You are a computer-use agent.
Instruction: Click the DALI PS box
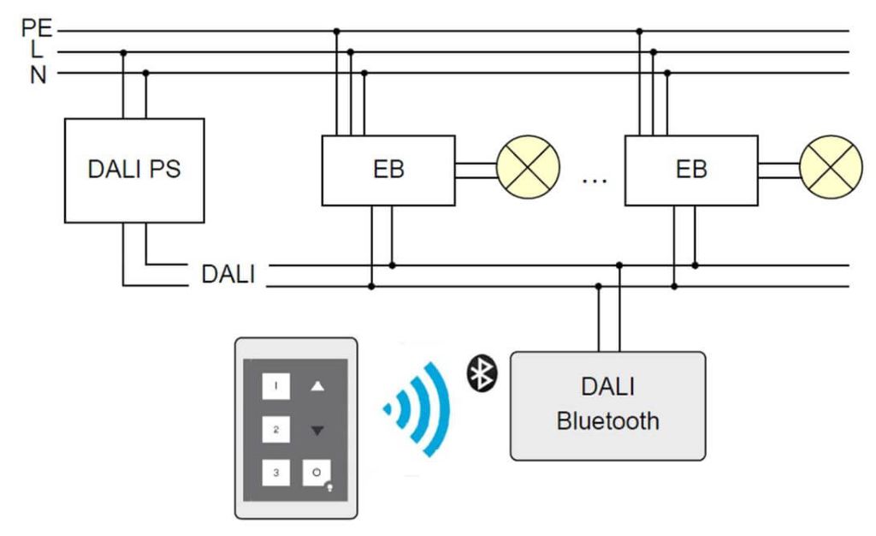(134, 170)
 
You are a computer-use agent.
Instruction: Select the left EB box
(388, 170)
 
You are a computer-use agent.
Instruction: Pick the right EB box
(691, 170)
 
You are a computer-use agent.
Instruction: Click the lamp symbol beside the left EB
(528, 166)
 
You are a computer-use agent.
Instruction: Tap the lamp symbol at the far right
(831, 166)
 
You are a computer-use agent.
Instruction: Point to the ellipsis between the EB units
(593, 181)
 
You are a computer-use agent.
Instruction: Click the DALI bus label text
(228, 275)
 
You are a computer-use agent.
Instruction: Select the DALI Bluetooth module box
(607, 405)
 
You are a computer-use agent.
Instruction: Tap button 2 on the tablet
(275, 429)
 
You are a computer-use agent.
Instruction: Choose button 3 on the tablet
(275, 472)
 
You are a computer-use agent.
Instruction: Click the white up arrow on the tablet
(317, 387)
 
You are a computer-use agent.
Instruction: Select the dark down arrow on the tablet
(317, 430)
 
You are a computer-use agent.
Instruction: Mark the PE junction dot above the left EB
(336, 31)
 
